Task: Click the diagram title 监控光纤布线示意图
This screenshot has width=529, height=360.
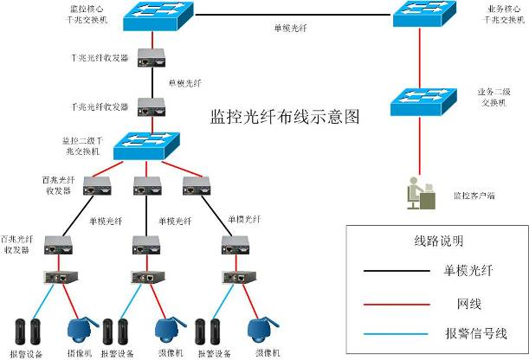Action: click(285, 115)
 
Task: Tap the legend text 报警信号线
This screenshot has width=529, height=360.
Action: click(474, 333)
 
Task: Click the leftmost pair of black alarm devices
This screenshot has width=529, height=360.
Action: click(26, 331)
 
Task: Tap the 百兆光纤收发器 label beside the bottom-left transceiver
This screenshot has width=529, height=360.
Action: click(16, 243)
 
